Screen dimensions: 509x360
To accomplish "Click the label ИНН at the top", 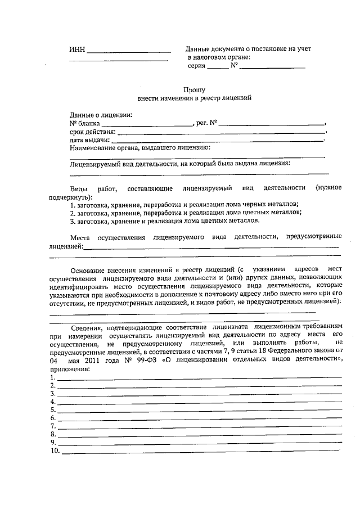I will click(x=77, y=49).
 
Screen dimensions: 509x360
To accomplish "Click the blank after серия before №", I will click(x=218, y=68).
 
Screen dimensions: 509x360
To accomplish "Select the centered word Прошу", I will click(x=194, y=89).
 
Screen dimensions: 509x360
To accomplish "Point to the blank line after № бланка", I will click(x=147, y=125).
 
